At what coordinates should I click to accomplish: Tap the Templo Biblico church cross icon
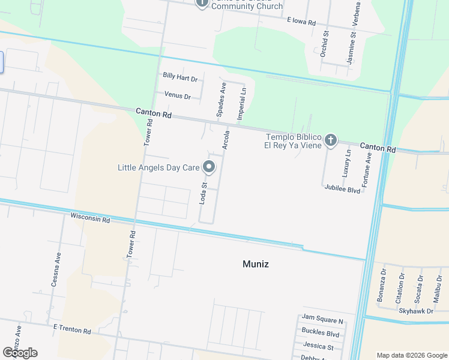point(330,140)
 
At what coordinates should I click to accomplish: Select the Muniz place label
point(255,263)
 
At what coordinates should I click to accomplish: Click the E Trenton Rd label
point(71,330)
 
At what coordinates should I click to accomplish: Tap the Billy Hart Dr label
point(180,77)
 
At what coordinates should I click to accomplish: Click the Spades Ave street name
point(220,100)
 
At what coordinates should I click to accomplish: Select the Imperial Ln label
point(243,104)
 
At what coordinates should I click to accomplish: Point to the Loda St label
point(203,193)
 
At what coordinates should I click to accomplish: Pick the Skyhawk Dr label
point(416,310)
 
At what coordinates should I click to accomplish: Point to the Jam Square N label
point(322,321)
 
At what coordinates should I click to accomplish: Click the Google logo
point(20,353)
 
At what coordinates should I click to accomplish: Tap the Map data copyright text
point(411,355)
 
